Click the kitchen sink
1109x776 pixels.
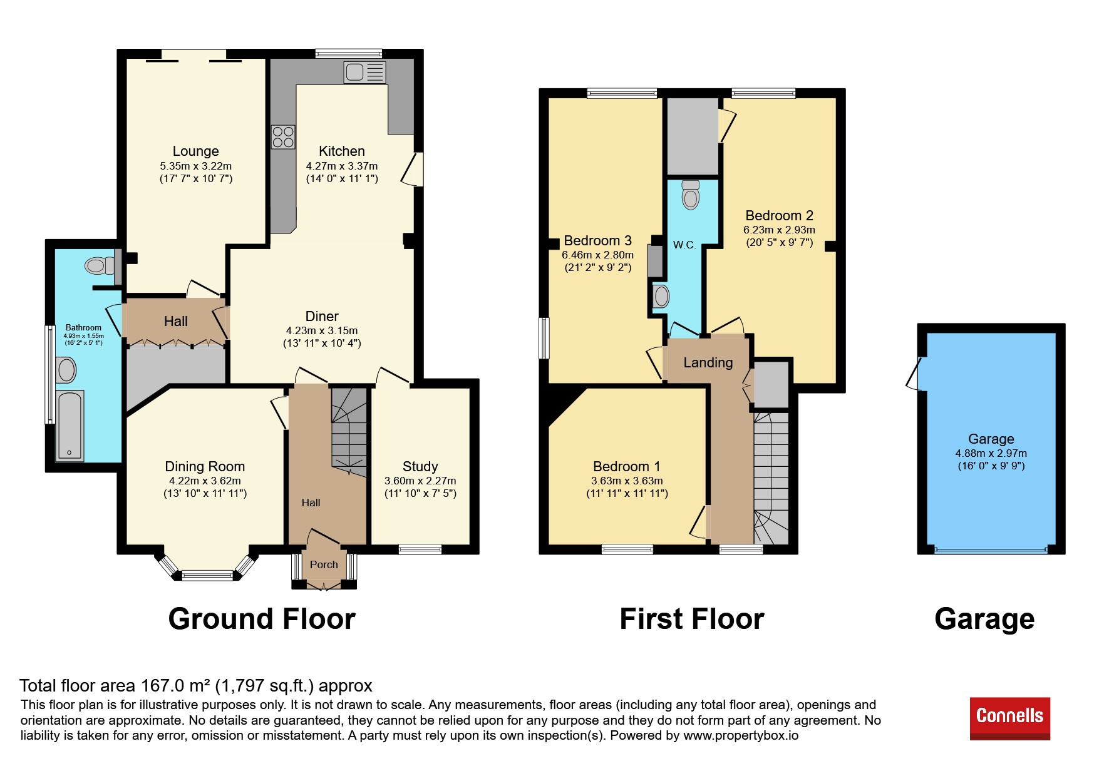click(x=364, y=72)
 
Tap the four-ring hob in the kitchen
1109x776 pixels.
click(x=283, y=137)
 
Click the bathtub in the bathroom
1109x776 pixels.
click(x=70, y=426)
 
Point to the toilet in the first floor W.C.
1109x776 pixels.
click(x=690, y=195)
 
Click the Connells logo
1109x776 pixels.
click(x=1009, y=718)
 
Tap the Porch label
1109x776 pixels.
click(x=324, y=564)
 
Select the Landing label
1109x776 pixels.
click(x=708, y=362)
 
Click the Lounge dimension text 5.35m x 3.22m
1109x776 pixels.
click(x=196, y=166)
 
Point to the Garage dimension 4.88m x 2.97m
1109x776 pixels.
click(x=991, y=453)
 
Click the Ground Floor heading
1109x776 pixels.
click(x=262, y=619)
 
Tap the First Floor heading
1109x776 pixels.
click(x=692, y=619)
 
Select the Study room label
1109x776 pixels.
click(x=420, y=466)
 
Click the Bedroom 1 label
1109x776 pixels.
click(x=627, y=466)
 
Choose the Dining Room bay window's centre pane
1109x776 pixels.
click(x=208, y=575)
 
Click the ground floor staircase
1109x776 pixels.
click(x=349, y=432)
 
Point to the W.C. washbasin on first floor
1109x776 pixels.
click(x=661, y=297)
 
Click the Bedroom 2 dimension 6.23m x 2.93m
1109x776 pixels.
click(x=780, y=230)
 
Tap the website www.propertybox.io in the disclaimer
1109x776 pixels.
click(x=741, y=735)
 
